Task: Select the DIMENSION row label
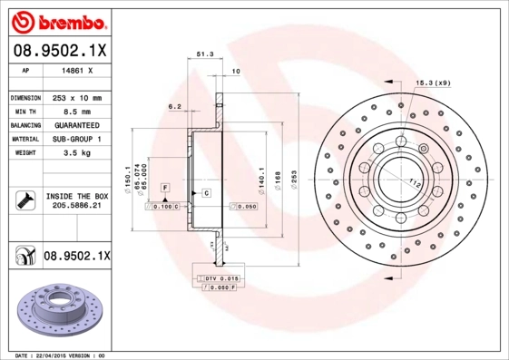tap(24, 96)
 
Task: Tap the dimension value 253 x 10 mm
tap(75, 96)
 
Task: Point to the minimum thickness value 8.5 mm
tap(75, 110)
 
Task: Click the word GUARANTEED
tap(75, 124)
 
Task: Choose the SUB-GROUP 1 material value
tap(75, 139)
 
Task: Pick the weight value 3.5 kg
tap(75, 153)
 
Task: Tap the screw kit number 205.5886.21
tap(76, 206)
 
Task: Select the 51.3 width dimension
tap(205, 55)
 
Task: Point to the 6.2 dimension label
tap(174, 106)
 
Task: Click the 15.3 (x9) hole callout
tap(433, 83)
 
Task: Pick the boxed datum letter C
tap(206, 193)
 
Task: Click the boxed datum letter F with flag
tap(165, 187)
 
